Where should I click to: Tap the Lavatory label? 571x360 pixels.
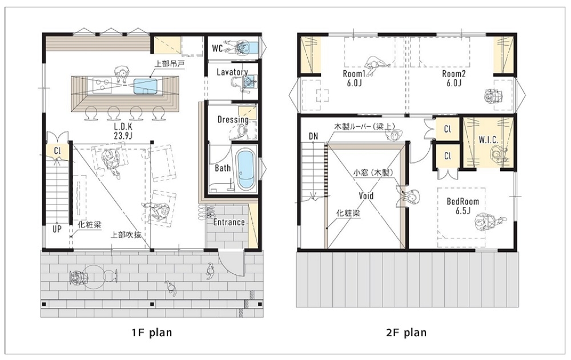pyautogui.click(x=232, y=72)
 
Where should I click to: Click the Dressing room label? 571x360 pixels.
pyautogui.click(x=232, y=120)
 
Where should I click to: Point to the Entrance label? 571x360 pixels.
pyautogui.click(x=229, y=222)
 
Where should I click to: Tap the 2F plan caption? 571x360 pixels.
pyautogui.click(x=407, y=331)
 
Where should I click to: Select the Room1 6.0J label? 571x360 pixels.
pyautogui.click(x=353, y=78)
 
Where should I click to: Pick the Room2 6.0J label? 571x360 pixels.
pyautogui.click(x=454, y=78)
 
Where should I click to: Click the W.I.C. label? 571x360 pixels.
pyautogui.click(x=490, y=139)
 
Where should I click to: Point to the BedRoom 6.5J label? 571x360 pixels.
pyautogui.click(x=463, y=206)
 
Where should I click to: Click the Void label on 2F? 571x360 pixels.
pyautogui.click(x=366, y=195)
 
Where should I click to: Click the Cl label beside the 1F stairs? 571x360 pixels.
pyautogui.click(x=58, y=151)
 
